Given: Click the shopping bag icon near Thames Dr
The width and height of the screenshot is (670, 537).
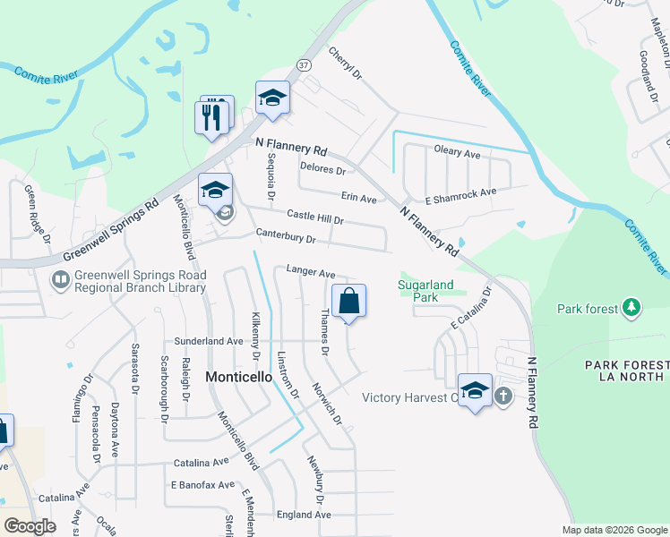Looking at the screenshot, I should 348,303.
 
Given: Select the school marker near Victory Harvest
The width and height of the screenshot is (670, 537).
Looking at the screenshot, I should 476,391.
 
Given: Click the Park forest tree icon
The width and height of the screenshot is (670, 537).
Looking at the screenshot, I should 632,308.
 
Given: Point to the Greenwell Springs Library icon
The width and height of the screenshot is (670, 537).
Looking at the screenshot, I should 60,280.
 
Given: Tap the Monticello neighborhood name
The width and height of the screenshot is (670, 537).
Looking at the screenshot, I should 239,377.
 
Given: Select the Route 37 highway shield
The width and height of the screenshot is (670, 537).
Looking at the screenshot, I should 304,65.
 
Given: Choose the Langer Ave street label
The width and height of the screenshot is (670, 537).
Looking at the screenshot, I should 310,271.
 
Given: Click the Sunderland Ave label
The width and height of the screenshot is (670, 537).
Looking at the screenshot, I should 209,341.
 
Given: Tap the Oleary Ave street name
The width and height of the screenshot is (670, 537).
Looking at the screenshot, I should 457,153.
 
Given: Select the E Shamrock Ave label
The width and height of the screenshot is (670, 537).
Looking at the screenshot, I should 460,192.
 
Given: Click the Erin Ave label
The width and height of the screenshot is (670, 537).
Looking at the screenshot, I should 358,197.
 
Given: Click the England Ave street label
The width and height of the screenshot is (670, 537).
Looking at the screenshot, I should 304,515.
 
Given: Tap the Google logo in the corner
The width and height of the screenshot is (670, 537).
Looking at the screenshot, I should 30,526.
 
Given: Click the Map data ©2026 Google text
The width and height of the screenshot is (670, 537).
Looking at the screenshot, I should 614,530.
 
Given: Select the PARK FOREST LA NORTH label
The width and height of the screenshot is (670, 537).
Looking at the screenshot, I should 626,371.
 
